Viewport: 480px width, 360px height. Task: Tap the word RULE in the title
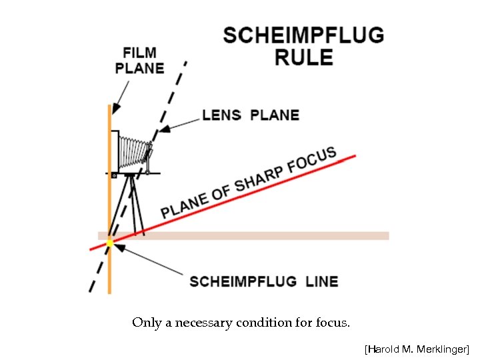[x=303, y=57]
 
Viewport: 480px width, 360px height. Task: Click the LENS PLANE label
[x=251, y=115]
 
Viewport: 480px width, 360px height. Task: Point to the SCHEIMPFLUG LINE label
[x=263, y=281]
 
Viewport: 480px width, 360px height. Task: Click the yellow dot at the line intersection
[x=110, y=243]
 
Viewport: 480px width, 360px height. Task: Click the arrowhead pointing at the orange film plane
[x=114, y=109]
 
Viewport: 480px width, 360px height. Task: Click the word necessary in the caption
[x=201, y=323]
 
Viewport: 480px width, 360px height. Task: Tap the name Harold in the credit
[x=383, y=349]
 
